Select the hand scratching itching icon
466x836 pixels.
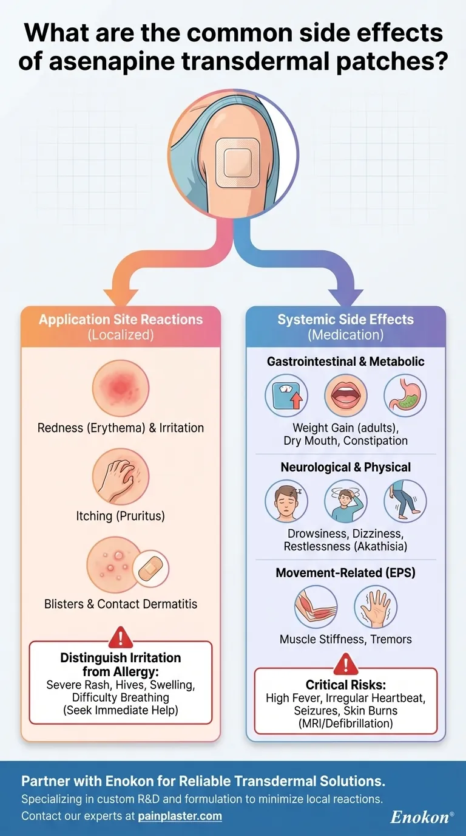point(120,477)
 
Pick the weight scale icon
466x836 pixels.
point(286,395)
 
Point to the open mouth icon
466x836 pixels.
point(345,395)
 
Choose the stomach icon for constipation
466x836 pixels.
point(405,395)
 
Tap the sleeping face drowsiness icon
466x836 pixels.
point(286,501)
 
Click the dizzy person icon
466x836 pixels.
point(345,501)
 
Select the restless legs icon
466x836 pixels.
point(405,501)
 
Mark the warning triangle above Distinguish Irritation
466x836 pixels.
point(120,637)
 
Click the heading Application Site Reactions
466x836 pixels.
point(121,320)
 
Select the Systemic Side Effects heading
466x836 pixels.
point(345,320)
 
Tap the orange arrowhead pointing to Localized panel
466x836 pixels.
point(120,296)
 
